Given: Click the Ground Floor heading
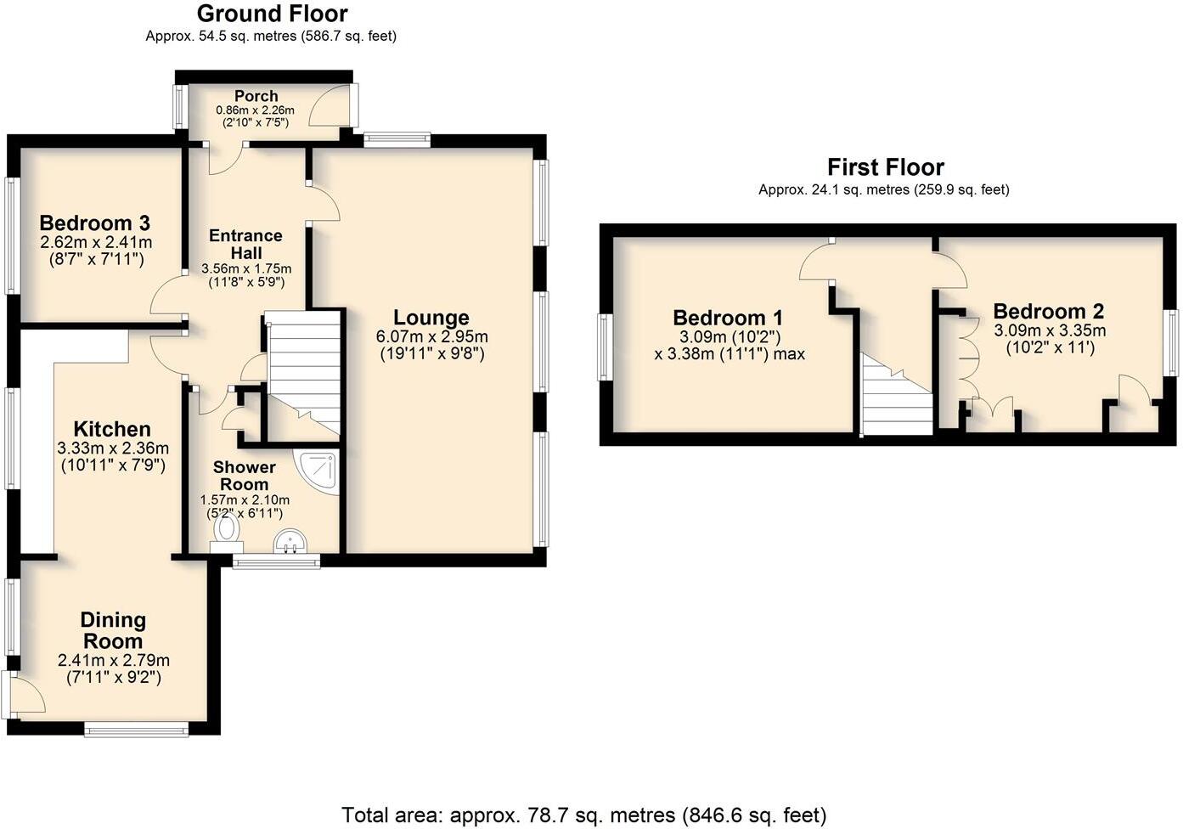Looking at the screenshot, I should coord(272,14).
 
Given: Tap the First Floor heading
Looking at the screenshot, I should coord(885,167).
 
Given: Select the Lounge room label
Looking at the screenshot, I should coord(431,318).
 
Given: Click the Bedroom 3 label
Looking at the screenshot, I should coord(94,223).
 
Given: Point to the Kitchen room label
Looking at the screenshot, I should coord(112,429).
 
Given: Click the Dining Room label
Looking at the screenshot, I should coord(113,630).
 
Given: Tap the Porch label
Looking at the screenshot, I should coord(256,96).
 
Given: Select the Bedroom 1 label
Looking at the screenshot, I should coord(729,318).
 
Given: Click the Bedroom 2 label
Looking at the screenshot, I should coord(1049,311).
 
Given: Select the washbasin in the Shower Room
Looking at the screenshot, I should coord(292,540).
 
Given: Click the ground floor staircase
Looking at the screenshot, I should coord(303,374).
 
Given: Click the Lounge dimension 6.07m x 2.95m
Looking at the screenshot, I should coord(431,337).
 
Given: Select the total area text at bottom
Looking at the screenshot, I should coord(583,815).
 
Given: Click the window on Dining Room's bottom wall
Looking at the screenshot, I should coord(136,729).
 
